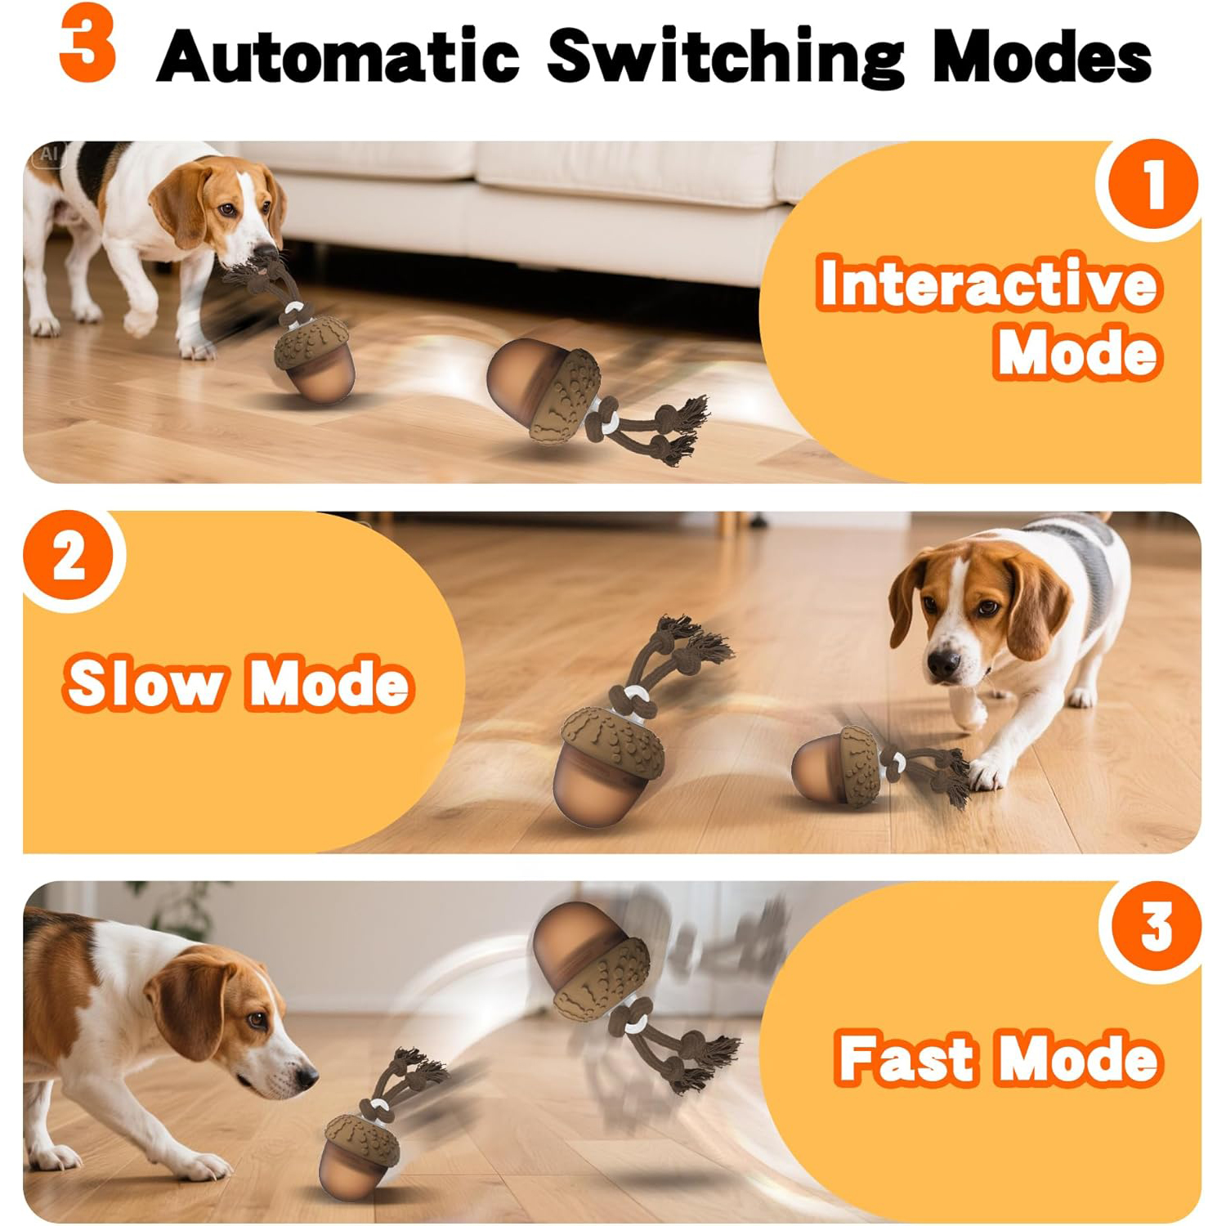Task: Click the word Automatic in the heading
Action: (338, 56)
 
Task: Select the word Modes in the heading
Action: (1042, 56)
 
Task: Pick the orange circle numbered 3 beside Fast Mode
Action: (1154, 927)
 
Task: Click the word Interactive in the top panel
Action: (988, 283)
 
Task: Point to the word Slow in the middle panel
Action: (145, 683)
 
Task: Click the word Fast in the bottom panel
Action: (906, 1058)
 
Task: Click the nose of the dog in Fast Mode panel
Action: (307, 1077)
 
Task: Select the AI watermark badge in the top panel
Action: (49, 154)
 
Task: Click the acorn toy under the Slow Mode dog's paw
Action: (838, 767)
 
